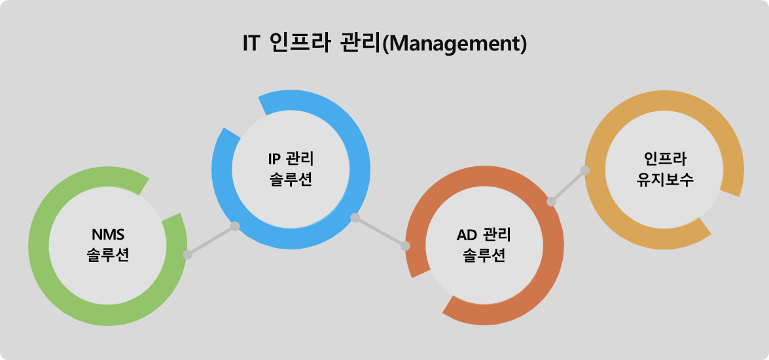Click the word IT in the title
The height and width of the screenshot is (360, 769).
pyautogui.click(x=251, y=44)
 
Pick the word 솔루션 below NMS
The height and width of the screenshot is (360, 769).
pyautogui.click(x=108, y=255)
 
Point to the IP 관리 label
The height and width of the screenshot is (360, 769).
pyautogui.click(x=291, y=158)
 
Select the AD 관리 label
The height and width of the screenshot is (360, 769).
pyautogui.click(x=484, y=235)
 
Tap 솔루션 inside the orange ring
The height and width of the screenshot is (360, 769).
pyautogui.click(x=484, y=256)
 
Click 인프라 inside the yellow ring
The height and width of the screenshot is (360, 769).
pyautogui.click(x=665, y=158)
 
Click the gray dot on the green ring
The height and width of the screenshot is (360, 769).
pyautogui.click(x=187, y=255)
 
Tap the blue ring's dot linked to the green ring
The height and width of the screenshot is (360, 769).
pyautogui.click(x=235, y=226)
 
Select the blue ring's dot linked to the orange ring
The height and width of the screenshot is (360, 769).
pyautogui.click(x=355, y=218)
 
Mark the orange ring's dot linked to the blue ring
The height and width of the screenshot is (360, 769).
pyautogui.click(x=405, y=246)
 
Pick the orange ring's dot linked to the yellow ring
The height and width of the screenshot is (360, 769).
pyautogui.click(x=551, y=201)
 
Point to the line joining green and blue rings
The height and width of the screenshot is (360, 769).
pyautogui.click(x=211, y=240)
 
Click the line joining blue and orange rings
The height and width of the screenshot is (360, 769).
pyautogui.click(x=380, y=232)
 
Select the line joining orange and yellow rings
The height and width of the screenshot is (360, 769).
pyautogui.click(x=568, y=186)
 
